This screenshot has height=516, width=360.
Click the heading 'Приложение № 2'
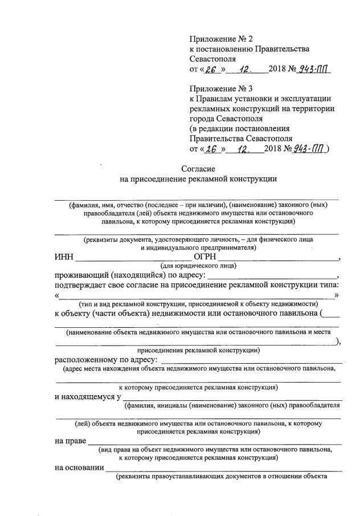click(x=220, y=39)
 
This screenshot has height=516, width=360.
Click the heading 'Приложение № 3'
click(x=220, y=88)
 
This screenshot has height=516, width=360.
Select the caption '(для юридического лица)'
click(x=199, y=266)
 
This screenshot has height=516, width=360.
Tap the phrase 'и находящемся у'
click(x=87, y=397)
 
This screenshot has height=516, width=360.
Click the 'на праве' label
click(x=70, y=441)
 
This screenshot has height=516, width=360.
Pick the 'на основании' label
click(x=79, y=468)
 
